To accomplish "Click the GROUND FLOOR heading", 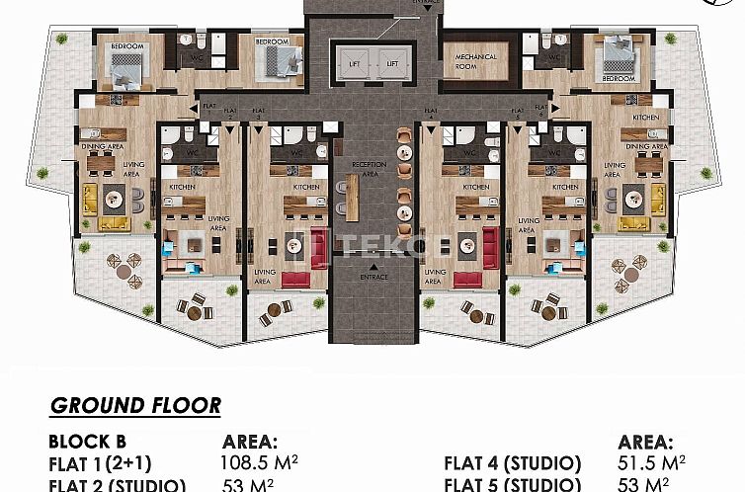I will (x=135, y=406).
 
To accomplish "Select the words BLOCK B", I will (x=87, y=442).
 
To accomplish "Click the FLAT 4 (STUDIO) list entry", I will (x=513, y=462).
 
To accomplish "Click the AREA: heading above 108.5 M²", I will (x=251, y=442).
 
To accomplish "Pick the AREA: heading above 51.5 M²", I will (x=646, y=442).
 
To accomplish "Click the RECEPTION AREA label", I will (x=369, y=168).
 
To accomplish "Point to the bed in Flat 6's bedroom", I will (x=619, y=58).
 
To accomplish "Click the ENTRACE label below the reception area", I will (x=373, y=277).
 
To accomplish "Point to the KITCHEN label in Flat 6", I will (x=645, y=117).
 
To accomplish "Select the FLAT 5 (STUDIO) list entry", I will (x=513, y=484).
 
